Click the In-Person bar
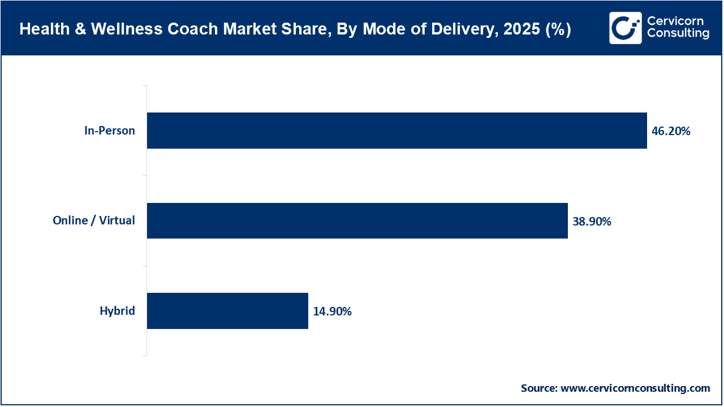397,131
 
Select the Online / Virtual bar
357,220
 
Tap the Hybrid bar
227,311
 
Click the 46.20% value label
671,131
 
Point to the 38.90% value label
592,222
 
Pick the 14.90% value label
332,311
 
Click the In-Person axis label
110,131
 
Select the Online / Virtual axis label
94,220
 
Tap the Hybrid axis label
118,311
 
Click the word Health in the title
39,30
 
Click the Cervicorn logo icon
625,28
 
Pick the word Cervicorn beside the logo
675,21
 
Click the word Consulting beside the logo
678,34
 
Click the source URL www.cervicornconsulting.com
635,388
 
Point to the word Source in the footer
538,388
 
